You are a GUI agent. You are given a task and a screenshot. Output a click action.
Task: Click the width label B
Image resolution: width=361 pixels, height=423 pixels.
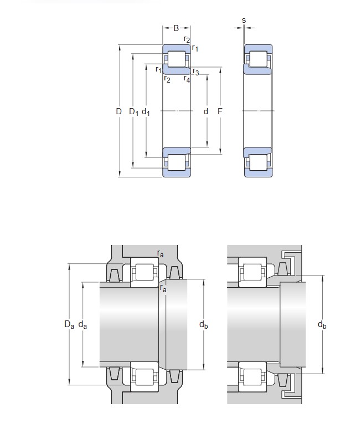176,27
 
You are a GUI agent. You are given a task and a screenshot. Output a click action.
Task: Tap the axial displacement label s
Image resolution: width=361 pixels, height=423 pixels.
244,21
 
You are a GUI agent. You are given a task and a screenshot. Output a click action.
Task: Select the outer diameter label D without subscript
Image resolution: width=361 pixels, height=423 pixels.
118,111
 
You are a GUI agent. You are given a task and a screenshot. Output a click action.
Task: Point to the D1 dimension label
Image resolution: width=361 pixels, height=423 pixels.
133,112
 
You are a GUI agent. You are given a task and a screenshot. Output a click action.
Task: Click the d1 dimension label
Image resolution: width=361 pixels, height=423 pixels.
146,112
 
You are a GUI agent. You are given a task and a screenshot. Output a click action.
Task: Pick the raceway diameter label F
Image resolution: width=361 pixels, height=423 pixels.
220,111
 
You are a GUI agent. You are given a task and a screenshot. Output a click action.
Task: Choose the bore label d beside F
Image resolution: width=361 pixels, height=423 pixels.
206,111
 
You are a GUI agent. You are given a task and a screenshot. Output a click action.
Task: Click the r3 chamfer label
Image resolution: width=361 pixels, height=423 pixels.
195,72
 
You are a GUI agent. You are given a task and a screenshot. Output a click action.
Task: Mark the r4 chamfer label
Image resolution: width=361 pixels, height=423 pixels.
187,79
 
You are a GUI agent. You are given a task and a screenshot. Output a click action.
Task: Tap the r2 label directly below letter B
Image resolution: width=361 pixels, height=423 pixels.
187,39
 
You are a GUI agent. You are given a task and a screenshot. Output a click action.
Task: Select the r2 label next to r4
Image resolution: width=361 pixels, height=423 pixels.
167,79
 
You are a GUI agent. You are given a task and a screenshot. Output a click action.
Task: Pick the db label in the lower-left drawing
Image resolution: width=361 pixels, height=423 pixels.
203,325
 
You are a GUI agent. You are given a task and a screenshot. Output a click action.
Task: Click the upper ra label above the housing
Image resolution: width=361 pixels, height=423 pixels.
160,254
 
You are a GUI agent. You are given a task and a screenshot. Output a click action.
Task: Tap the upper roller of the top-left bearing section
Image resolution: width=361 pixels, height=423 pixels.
177,59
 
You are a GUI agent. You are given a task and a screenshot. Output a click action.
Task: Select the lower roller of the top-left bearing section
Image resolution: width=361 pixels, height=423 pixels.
177,162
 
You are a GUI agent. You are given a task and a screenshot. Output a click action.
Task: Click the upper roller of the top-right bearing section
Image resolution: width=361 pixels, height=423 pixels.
258,59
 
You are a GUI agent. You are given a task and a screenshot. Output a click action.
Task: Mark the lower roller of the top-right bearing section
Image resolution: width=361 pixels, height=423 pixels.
258,162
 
